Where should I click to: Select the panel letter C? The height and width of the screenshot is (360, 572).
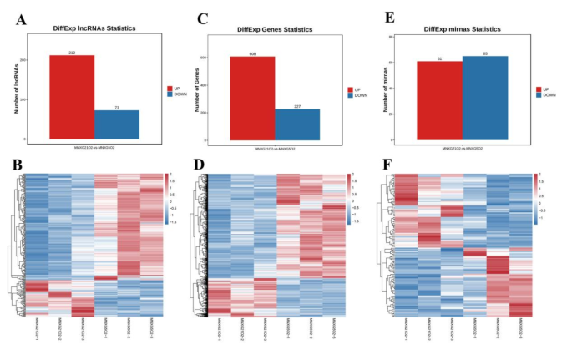202,18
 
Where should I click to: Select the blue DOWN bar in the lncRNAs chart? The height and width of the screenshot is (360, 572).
117,124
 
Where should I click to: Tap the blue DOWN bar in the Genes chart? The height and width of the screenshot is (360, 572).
298,124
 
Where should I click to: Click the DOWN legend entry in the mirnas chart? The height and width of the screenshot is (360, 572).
545,95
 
